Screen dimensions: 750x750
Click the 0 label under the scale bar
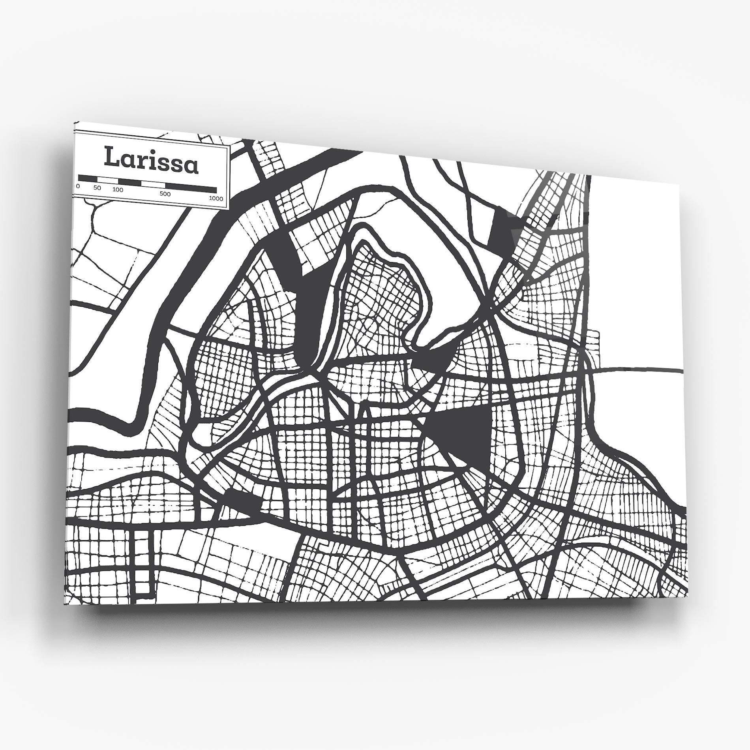click(x=78, y=186)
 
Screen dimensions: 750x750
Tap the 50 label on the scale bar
click(x=97, y=187)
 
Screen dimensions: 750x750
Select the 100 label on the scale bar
click(x=118, y=189)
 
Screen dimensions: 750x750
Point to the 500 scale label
click(x=165, y=194)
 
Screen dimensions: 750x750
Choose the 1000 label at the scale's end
click(x=216, y=198)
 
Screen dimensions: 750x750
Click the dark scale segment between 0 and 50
click(x=88, y=178)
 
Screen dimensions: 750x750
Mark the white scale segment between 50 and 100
click(x=107, y=180)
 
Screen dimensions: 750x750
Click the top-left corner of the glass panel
click(x=75, y=122)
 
